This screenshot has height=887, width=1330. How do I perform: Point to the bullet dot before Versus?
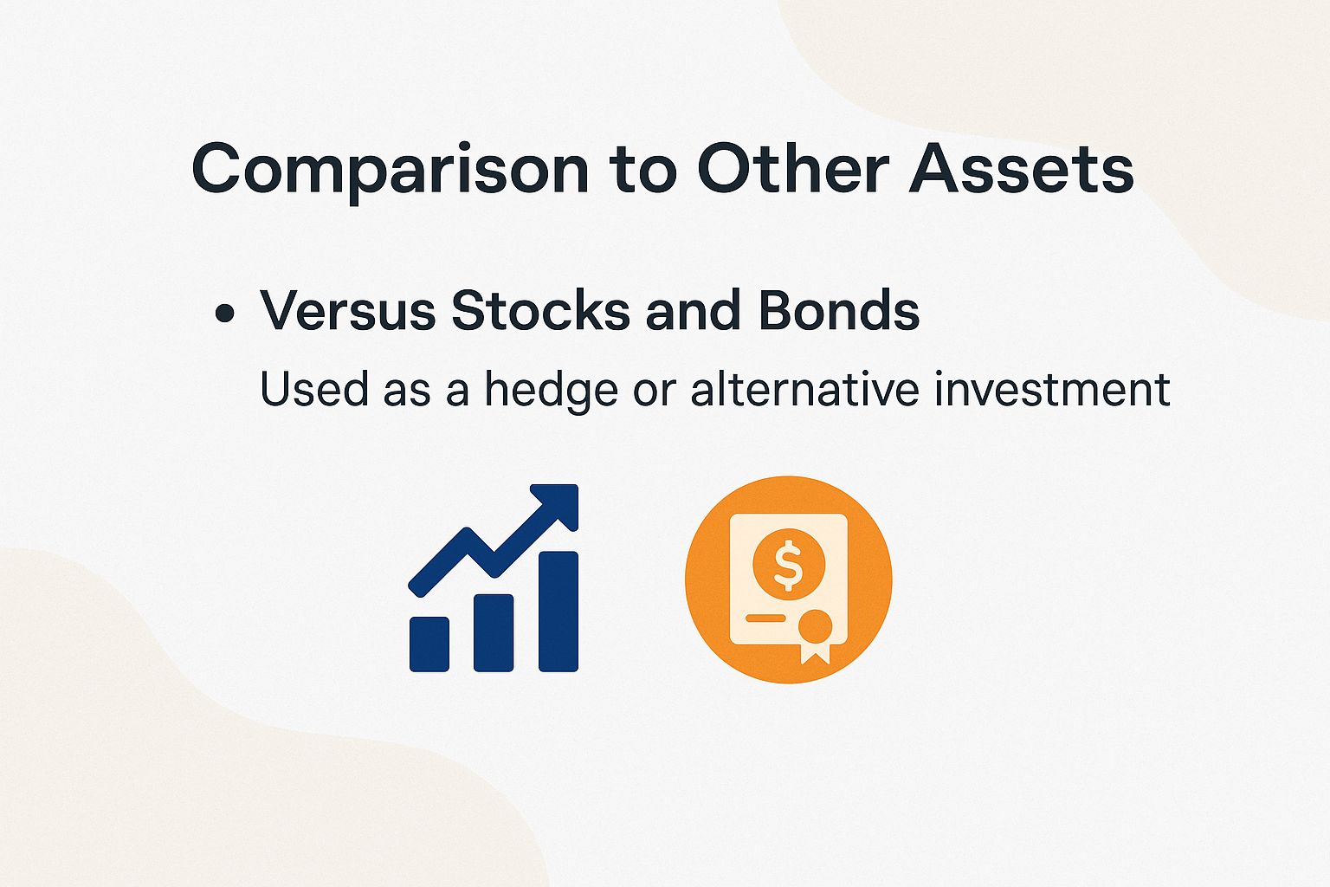(x=225, y=313)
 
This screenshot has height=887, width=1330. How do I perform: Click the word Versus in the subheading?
(x=348, y=310)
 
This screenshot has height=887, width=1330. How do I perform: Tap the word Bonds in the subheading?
(x=838, y=310)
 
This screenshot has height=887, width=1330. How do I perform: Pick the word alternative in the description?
(x=804, y=389)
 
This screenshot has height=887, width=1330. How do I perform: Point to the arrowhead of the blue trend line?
(x=558, y=504)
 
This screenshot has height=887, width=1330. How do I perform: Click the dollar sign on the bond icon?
(x=788, y=564)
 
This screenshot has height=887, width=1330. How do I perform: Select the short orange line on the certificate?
(x=765, y=618)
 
